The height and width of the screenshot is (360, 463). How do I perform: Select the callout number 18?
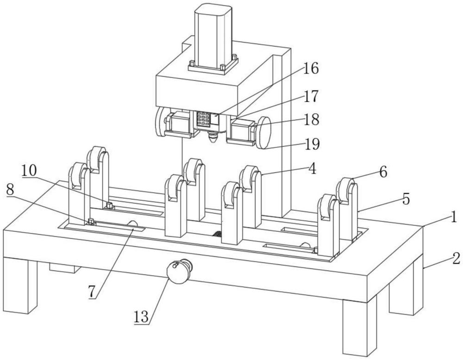311,119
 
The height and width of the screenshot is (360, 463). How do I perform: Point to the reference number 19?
312,144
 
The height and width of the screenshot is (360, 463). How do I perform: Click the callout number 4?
312,169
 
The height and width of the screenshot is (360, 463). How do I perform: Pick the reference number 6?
383,172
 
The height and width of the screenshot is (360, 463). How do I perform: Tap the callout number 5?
407,199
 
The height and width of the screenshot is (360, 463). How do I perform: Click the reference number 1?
453,218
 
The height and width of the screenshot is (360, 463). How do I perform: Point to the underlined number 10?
29,170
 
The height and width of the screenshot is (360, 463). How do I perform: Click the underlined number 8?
10,191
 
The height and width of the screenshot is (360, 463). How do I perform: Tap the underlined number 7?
92,292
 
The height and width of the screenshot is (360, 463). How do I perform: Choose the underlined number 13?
141,317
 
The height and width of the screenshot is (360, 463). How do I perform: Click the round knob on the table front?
179,271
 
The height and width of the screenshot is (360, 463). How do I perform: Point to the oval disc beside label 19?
263,132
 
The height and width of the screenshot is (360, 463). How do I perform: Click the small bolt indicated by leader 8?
91,221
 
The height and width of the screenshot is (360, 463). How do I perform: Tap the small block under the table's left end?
65,267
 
